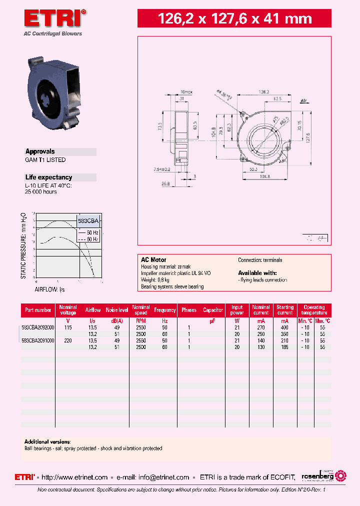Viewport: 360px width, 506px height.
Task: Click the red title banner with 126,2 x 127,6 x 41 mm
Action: (234, 19)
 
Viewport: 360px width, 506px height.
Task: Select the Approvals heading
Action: (40, 151)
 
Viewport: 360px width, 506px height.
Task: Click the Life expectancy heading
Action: (48, 177)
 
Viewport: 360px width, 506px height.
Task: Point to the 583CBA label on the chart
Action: (89, 220)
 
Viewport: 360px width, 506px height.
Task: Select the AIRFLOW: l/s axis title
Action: (49, 289)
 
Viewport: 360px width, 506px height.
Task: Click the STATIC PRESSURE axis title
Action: (23, 245)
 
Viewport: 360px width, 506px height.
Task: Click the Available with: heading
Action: (257, 273)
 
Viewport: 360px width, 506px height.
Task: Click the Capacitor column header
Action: (213, 310)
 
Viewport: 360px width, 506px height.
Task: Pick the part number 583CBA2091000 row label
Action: (38, 340)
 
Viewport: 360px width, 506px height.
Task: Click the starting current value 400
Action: (284, 327)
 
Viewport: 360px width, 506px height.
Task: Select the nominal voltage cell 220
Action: (68, 340)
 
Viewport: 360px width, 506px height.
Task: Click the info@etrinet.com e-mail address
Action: (164, 477)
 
